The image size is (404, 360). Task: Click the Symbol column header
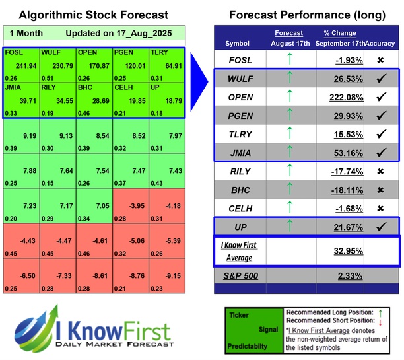tap(238, 43)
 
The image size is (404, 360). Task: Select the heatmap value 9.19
tap(24, 136)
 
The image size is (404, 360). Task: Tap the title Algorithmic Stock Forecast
tap(94, 15)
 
